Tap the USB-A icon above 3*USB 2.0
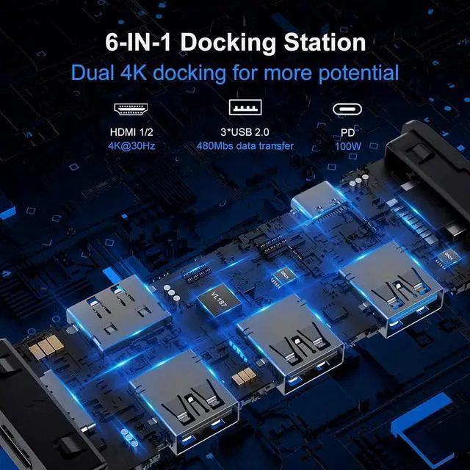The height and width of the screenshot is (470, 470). point(246,109)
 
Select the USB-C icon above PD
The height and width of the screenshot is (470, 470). point(348,109)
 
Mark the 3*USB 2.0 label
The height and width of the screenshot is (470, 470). point(245,133)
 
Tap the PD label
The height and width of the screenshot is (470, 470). point(347,133)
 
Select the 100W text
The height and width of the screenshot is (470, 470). point(347,145)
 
